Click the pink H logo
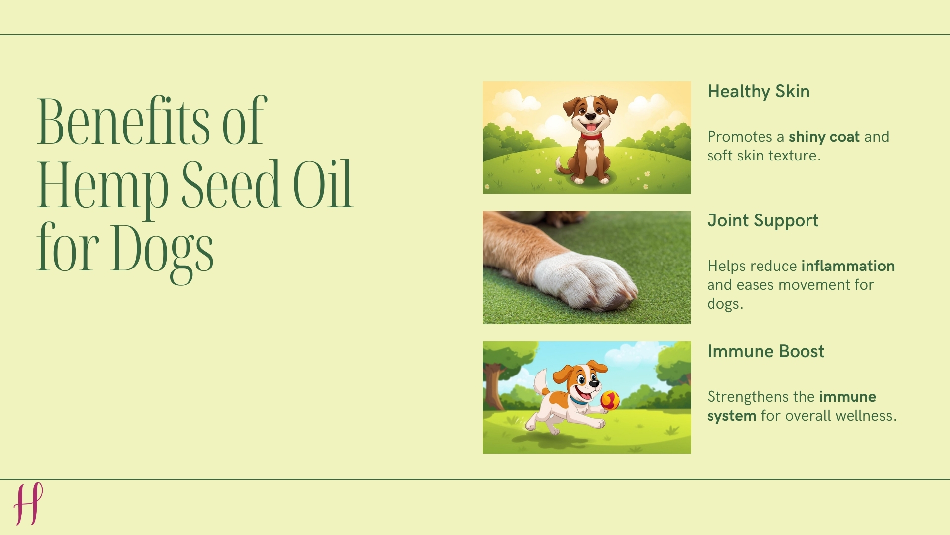coord(28,504)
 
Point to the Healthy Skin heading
coord(758,92)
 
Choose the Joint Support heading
coord(762,221)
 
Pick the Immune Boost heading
coord(765,352)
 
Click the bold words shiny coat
coord(824,137)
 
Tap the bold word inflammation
coord(848,266)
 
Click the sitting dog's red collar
coord(591,136)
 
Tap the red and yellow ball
coord(610,400)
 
